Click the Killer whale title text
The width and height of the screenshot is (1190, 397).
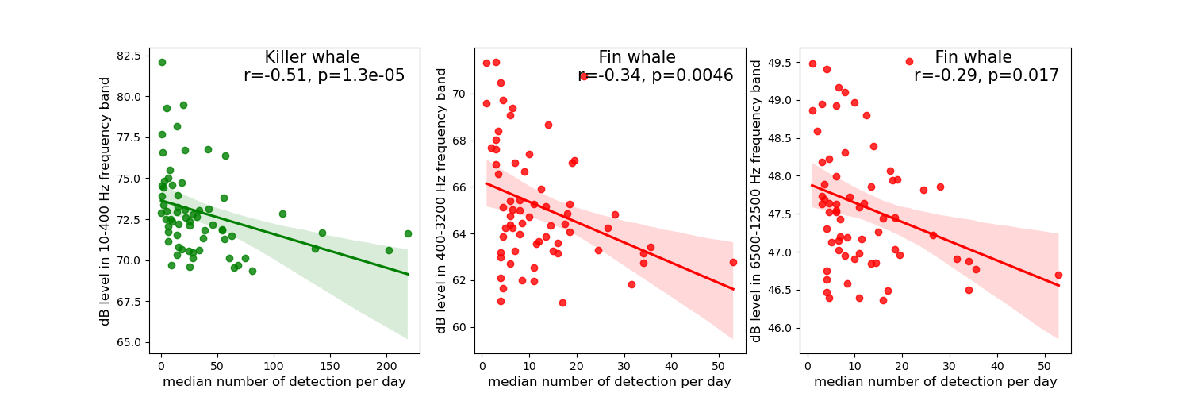click(x=312, y=58)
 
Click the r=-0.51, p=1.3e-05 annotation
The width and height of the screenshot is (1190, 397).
click(x=324, y=76)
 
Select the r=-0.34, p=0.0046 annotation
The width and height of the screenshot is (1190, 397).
click(x=655, y=76)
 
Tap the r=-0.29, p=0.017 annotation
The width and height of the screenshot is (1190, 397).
click(x=986, y=76)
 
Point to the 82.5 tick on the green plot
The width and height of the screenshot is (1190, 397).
click(x=129, y=56)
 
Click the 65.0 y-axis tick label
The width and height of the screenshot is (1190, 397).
click(x=129, y=342)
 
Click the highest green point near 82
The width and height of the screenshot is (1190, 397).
click(x=162, y=62)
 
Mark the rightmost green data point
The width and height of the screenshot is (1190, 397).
click(x=408, y=233)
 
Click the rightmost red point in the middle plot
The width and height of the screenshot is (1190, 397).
click(x=733, y=262)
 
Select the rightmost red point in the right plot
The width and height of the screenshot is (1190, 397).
click(x=1058, y=275)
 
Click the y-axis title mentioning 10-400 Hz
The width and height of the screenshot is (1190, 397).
click(x=106, y=201)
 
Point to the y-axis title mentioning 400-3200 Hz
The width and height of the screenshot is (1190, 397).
click(x=442, y=200)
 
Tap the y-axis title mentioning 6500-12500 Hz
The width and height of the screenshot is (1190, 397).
click(x=757, y=201)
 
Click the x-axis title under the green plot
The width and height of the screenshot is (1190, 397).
click(x=284, y=382)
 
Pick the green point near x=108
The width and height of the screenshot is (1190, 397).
click(x=282, y=214)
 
